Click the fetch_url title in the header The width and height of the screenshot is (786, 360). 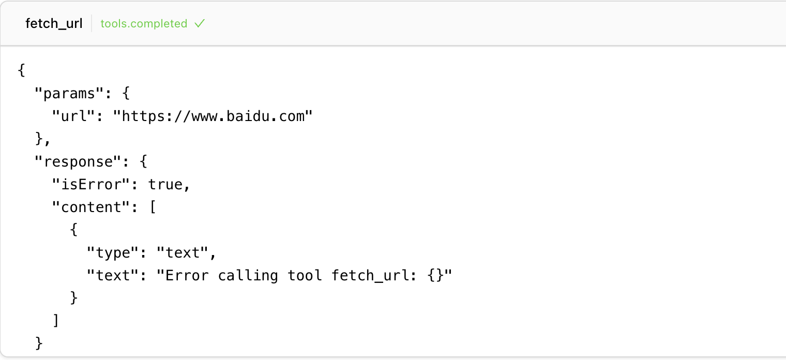pyautogui.click(x=54, y=23)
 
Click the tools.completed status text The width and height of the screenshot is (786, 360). pyautogui.click(x=144, y=23)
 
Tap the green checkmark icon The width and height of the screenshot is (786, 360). pyautogui.click(x=200, y=23)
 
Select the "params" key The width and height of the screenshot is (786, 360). pyautogui.click(x=69, y=93)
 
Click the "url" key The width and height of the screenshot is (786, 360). pyautogui.click(x=73, y=116)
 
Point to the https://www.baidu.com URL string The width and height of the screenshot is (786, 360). pyautogui.click(x=213, y=116)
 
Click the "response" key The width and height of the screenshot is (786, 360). pyautogui.click(x=78, y=162)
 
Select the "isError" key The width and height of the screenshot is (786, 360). pyautogui.click(x=91, y=185)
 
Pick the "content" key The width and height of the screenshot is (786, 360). pyautogui.click(x=91, y=207)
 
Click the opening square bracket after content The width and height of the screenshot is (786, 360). pyautogui.click(x=153, y=207)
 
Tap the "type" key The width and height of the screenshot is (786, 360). pyautogui.click(x=113, y=252)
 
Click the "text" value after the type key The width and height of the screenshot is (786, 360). pyautogui.click(x=183, y=252)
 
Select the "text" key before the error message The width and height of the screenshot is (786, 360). pyautogui.click(x=113, y=276)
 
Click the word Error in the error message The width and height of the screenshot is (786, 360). pyautogui.click(x=187, y=276)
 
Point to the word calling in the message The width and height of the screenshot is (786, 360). pyautogui.click(x=248, y=276)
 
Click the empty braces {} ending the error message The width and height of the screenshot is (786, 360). pyautogui.click(x=436, y=276)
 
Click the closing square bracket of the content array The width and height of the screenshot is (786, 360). pyautogui.click(x=56, y=320)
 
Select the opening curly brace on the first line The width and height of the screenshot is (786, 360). pyautogui.click(x=21, y=70)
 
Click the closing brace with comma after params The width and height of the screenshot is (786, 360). pyautogui.click(x=43, y=139)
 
